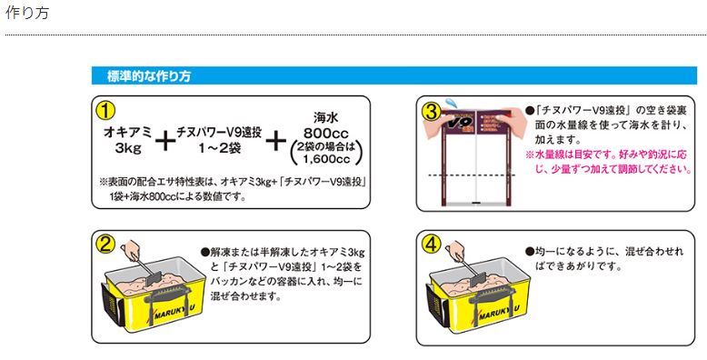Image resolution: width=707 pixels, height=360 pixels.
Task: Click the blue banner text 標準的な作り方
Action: pos(148,75)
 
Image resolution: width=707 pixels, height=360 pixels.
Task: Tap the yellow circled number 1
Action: pos(106,110)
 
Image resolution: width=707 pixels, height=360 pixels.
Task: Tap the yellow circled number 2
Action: pos(106,243)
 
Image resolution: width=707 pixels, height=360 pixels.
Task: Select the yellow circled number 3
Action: pos(432,110)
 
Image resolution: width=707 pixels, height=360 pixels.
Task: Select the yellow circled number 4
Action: pos(432,243)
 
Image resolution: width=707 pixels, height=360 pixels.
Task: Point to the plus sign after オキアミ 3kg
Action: pos(164,141)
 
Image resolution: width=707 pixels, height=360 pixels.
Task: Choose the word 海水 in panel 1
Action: pos(326,117)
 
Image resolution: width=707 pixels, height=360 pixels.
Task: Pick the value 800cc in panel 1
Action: pos(325,132)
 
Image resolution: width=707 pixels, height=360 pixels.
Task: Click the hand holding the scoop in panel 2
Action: pos(133,248)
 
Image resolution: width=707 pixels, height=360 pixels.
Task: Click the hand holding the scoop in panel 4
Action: pos(458,248)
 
